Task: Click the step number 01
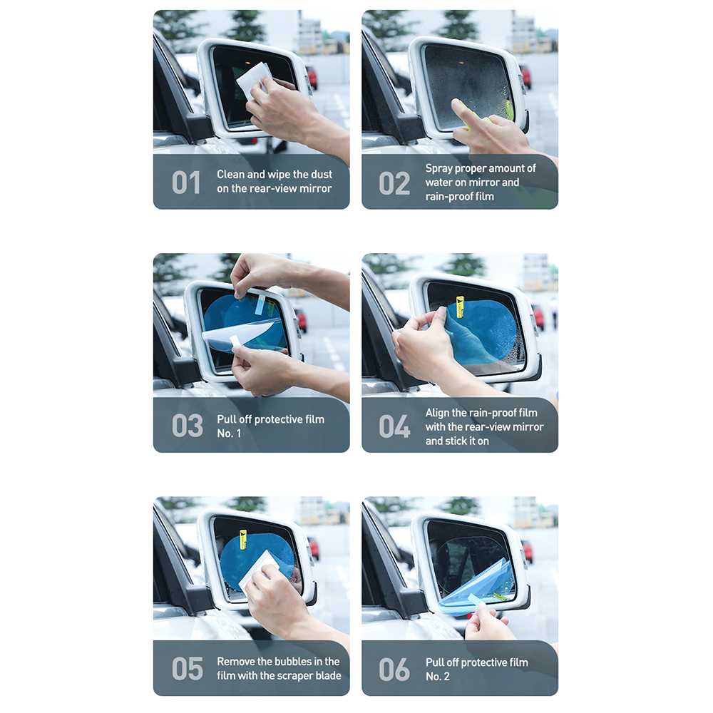[186, 183]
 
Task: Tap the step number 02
[394, 183]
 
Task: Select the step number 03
[187, 426]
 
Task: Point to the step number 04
[394, 426]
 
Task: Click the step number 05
[187, 669]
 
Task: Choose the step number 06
[394, 670]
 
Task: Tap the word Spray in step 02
[438, 169]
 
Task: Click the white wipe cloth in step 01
[254, 81]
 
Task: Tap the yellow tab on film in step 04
[460, 307]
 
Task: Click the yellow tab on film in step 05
[243, 539]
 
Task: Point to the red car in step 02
[525, 76]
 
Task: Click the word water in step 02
[438, 183]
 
